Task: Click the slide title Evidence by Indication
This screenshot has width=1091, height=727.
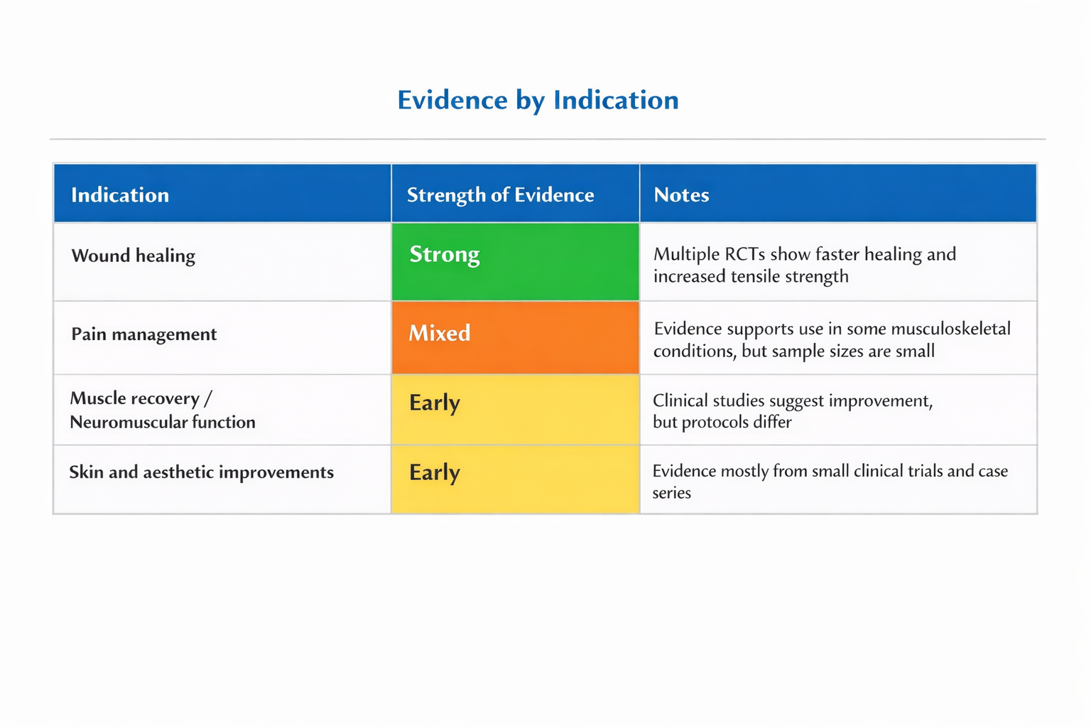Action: click(538, 100)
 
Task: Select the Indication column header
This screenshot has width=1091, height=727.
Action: click(120, 195)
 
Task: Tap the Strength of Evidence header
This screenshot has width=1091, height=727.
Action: click(500, 195)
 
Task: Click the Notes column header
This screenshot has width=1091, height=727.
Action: click(681, 195)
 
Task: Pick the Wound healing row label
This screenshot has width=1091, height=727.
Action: click(133, 256)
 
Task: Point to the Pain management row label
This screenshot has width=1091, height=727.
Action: click(143, 334)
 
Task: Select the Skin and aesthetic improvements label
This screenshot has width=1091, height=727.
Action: click(201, 472)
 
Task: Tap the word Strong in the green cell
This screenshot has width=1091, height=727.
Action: click(444, 255)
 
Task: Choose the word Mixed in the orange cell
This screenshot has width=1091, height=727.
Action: click(440, 333)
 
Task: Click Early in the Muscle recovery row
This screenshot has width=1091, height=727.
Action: click(435, 403)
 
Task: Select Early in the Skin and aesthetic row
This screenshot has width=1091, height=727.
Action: click(435, 473)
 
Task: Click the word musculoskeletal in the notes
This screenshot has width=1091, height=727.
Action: click(951, 329)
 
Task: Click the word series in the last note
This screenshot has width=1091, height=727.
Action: click(672, 493)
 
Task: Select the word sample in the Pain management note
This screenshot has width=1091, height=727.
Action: click(798, 351)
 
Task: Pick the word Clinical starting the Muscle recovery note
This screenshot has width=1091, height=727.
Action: click(680, 400)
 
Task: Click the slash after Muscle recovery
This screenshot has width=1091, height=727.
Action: click(208, 399)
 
